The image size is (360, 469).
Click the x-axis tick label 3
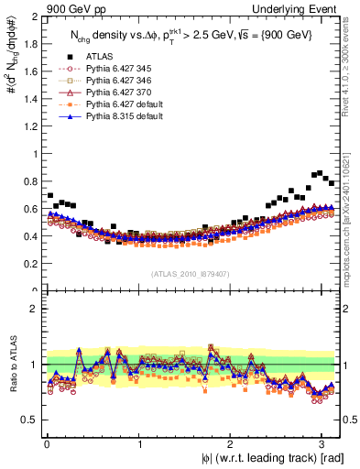tap(324, 443)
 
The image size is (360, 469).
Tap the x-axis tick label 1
tap(139, 443)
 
